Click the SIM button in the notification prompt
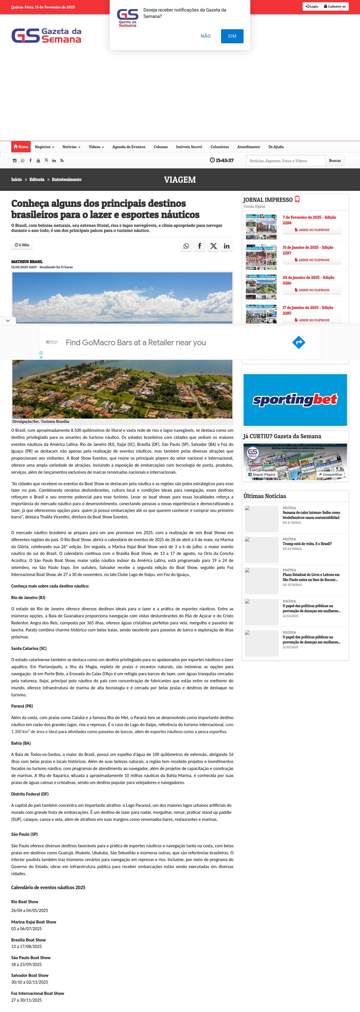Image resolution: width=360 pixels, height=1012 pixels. [232, 36]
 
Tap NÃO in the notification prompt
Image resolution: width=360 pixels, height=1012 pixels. [206, 36]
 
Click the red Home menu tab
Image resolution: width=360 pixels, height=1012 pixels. [21, 147]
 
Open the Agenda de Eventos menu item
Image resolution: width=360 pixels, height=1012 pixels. [129, 147]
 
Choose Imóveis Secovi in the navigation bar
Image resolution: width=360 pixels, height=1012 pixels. [189, 147]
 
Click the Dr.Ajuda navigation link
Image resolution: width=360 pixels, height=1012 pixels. [276, 147]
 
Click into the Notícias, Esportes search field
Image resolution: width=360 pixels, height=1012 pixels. [286, 161]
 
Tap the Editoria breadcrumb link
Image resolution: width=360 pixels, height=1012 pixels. [37, 180]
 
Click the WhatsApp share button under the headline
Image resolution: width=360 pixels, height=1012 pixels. [186, 246]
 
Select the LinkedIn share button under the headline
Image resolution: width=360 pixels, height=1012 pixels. [227, 246]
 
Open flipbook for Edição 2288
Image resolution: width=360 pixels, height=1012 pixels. [312, 230]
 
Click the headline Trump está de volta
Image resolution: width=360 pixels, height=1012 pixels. [307, 544]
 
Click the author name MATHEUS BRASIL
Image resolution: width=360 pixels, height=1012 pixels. [27, 262]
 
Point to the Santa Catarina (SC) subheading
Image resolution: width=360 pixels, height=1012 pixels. [29, 648]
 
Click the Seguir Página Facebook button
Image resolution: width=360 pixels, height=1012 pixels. [261, 475]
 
